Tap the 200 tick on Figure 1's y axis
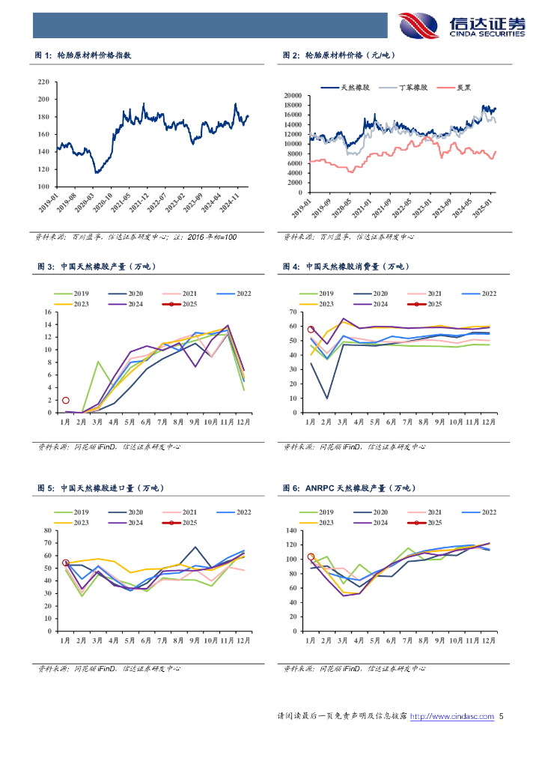coord(43,100)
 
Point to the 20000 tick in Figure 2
coord(291,96)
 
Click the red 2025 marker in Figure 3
coord(66,401)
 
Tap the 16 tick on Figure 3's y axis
coord(49,312)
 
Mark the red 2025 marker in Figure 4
coord(311,330)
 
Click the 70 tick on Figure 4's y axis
coord(294,312)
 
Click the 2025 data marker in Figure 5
coord(65,563)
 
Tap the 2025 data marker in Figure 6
coord(311,557)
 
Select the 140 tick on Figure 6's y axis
coord(291,531)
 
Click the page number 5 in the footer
coord(502,717)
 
